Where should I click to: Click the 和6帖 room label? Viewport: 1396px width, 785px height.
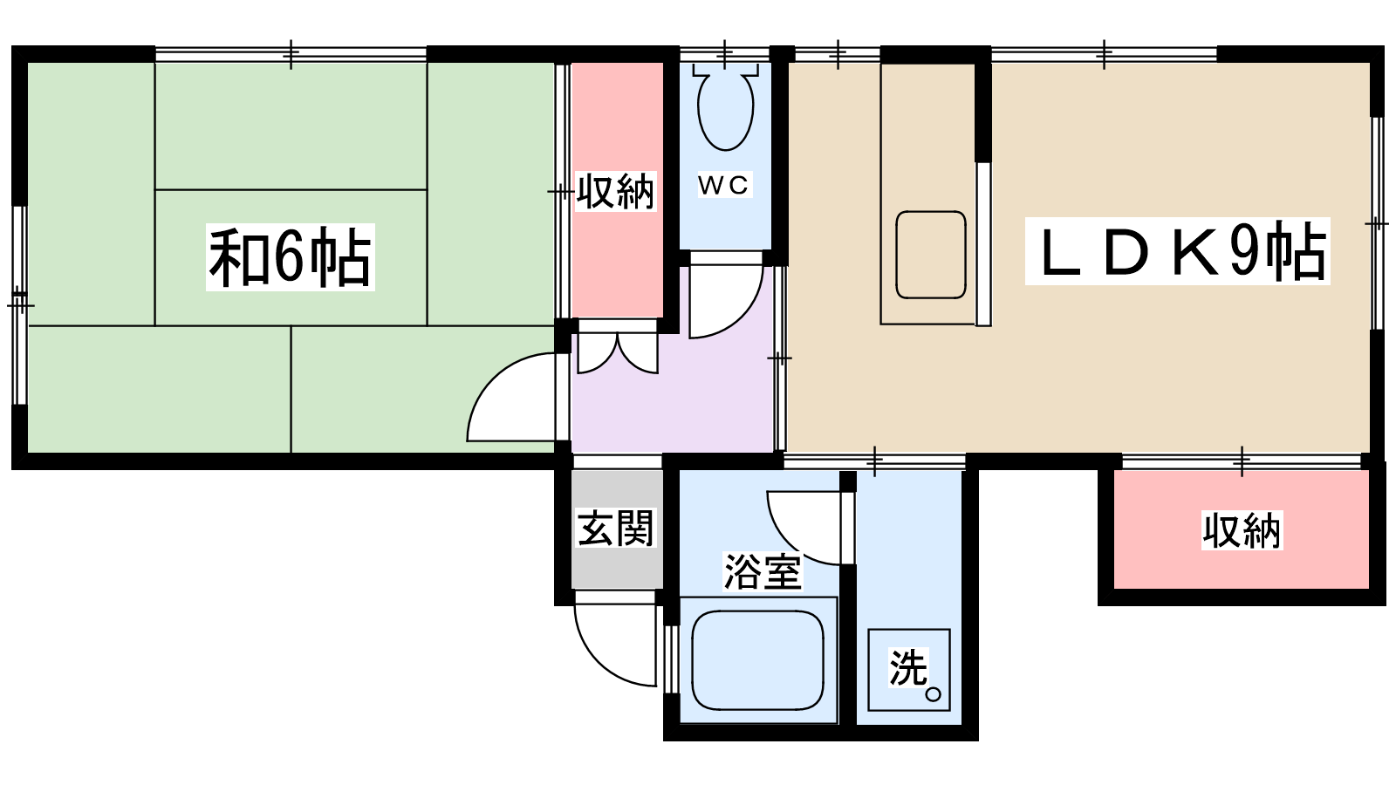(x=291, y=257)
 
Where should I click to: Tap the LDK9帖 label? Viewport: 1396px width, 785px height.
(x=1177, y=251)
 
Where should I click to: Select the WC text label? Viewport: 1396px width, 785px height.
(x=723, y=184)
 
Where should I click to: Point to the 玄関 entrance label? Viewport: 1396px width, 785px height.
(x=616, y=529)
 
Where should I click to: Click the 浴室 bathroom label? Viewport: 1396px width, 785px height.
(x=763, y=571)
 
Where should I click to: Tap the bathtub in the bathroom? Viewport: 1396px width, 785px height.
(x=758, y=659)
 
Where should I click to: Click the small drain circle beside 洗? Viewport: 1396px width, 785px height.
(x=933, y=694)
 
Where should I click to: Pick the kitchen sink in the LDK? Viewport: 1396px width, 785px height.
(x=931, y=255)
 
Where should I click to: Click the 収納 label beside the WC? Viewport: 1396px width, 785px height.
(x=616, y=191)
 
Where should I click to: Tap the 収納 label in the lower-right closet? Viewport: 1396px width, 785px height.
(x=1242, y=531)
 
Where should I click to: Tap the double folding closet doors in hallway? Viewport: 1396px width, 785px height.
(x=618, y=352)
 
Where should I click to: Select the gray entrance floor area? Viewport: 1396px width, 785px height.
(x=617, y=529)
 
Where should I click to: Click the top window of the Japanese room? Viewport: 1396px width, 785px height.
(x=291, y=54)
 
